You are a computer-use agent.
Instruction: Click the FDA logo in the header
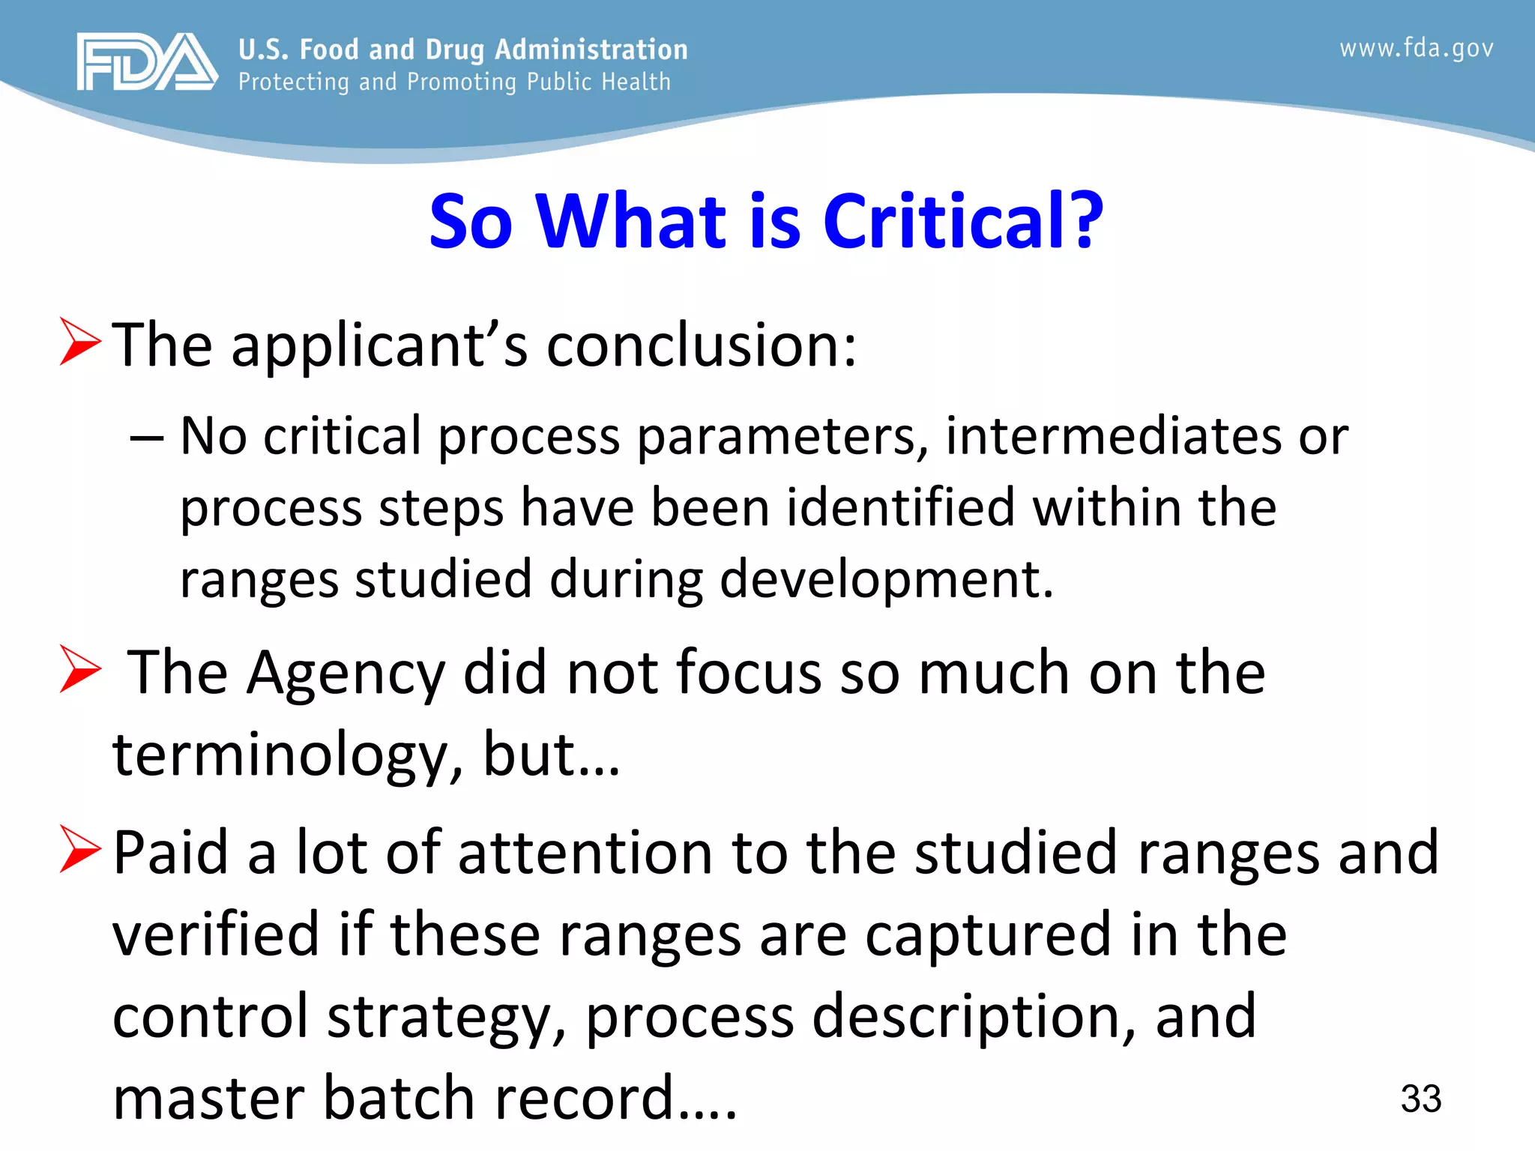pos(147,62)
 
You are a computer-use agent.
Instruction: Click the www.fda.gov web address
pos(1416,49)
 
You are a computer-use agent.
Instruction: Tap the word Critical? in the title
pos(962,222)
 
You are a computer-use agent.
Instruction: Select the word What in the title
pos(630,222)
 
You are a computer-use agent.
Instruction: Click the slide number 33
pos(1420,1099)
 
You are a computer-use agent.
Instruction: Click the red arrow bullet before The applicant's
pos(80,342)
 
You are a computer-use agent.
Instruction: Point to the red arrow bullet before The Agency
pos(80,669)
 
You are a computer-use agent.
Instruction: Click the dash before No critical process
pos(147,438)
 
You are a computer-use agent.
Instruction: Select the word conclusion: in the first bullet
pos(701,346)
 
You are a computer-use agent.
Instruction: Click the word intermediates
pos(1112,436)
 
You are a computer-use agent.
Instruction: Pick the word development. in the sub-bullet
pos(886,580)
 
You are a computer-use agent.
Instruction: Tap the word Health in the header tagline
pos(637,82)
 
